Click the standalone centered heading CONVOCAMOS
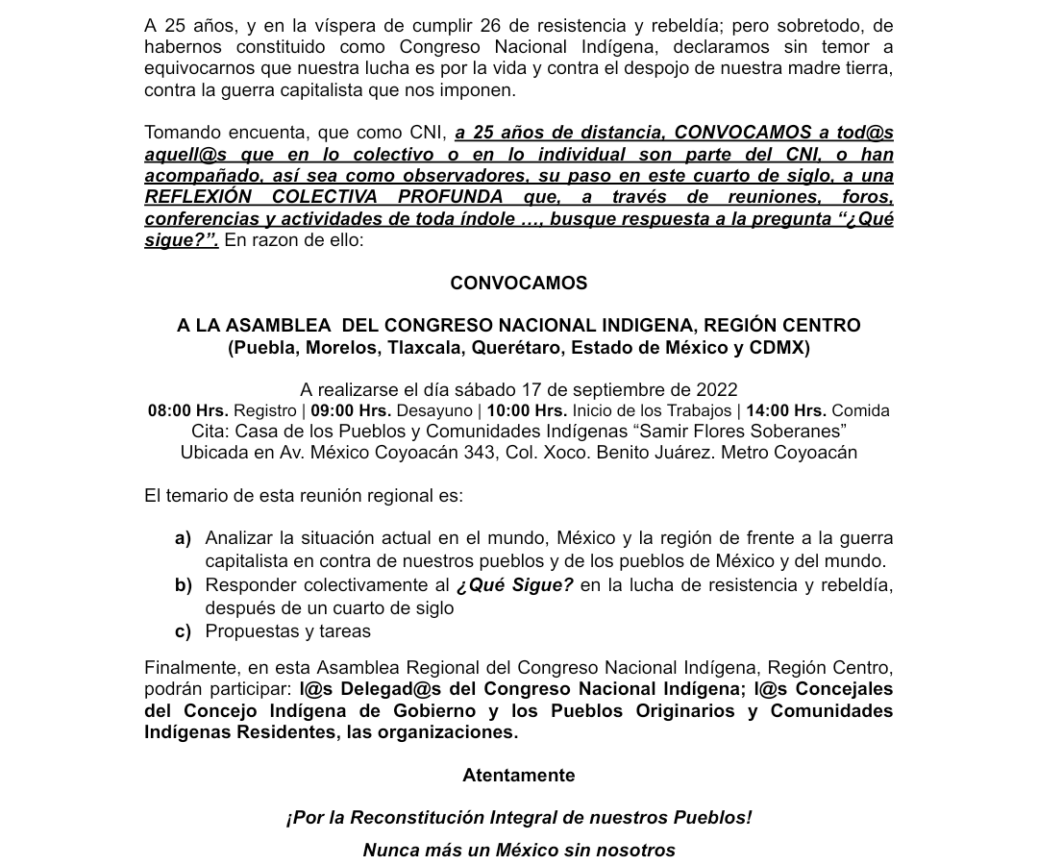518,283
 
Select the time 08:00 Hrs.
187,410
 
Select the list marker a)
183,538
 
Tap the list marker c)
183,630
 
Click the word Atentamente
518,775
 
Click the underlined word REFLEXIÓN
198,197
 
